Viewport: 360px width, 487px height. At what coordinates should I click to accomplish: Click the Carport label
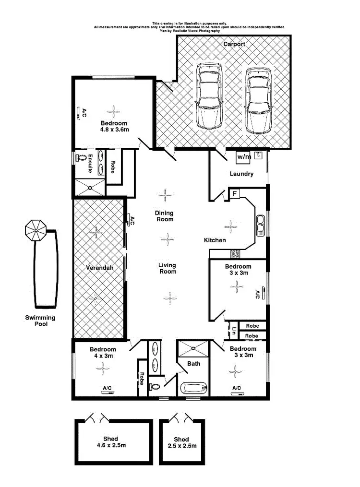pyautogui.click(x=234, y=44)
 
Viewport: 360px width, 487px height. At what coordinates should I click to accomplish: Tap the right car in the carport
pyautogui.click(x=258, y=101)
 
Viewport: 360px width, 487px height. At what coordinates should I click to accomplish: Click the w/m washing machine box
pyautogui.click(x=243, y=157)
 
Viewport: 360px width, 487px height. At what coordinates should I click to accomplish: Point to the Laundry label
pyautogui.click(x=241, y=174)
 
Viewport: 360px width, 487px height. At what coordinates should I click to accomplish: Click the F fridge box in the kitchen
pyautogui.click(x=235, y=194)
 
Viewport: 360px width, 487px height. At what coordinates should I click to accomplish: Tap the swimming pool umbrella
pyautogui.click(x=36, y=230)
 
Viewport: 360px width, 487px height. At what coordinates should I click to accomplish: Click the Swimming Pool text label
pyautogui.click(x=41, y=321)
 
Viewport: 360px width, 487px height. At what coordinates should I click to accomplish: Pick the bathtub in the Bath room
pyautogui.click(x=193, y=387)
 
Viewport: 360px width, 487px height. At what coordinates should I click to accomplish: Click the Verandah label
pyautogui.click(x=100, y=268)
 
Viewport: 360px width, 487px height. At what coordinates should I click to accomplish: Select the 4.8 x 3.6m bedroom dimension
pyautogui.click(x=114, y=130)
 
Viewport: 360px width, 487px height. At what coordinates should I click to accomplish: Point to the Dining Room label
pyautogui.click(x=164, y=216)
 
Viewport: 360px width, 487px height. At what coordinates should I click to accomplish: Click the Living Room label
pyautogui.click(x=167, y=268)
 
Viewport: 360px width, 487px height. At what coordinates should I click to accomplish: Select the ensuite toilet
pyautogui.click(x=80, y=157)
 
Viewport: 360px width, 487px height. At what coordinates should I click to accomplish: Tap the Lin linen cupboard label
pyautogui.click(x=234, y=330)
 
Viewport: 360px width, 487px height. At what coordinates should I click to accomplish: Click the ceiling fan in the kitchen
pyautogui.click(x=231, y=226)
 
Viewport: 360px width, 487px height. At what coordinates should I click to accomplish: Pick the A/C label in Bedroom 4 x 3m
pyautogui.click(x=108, y=388)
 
